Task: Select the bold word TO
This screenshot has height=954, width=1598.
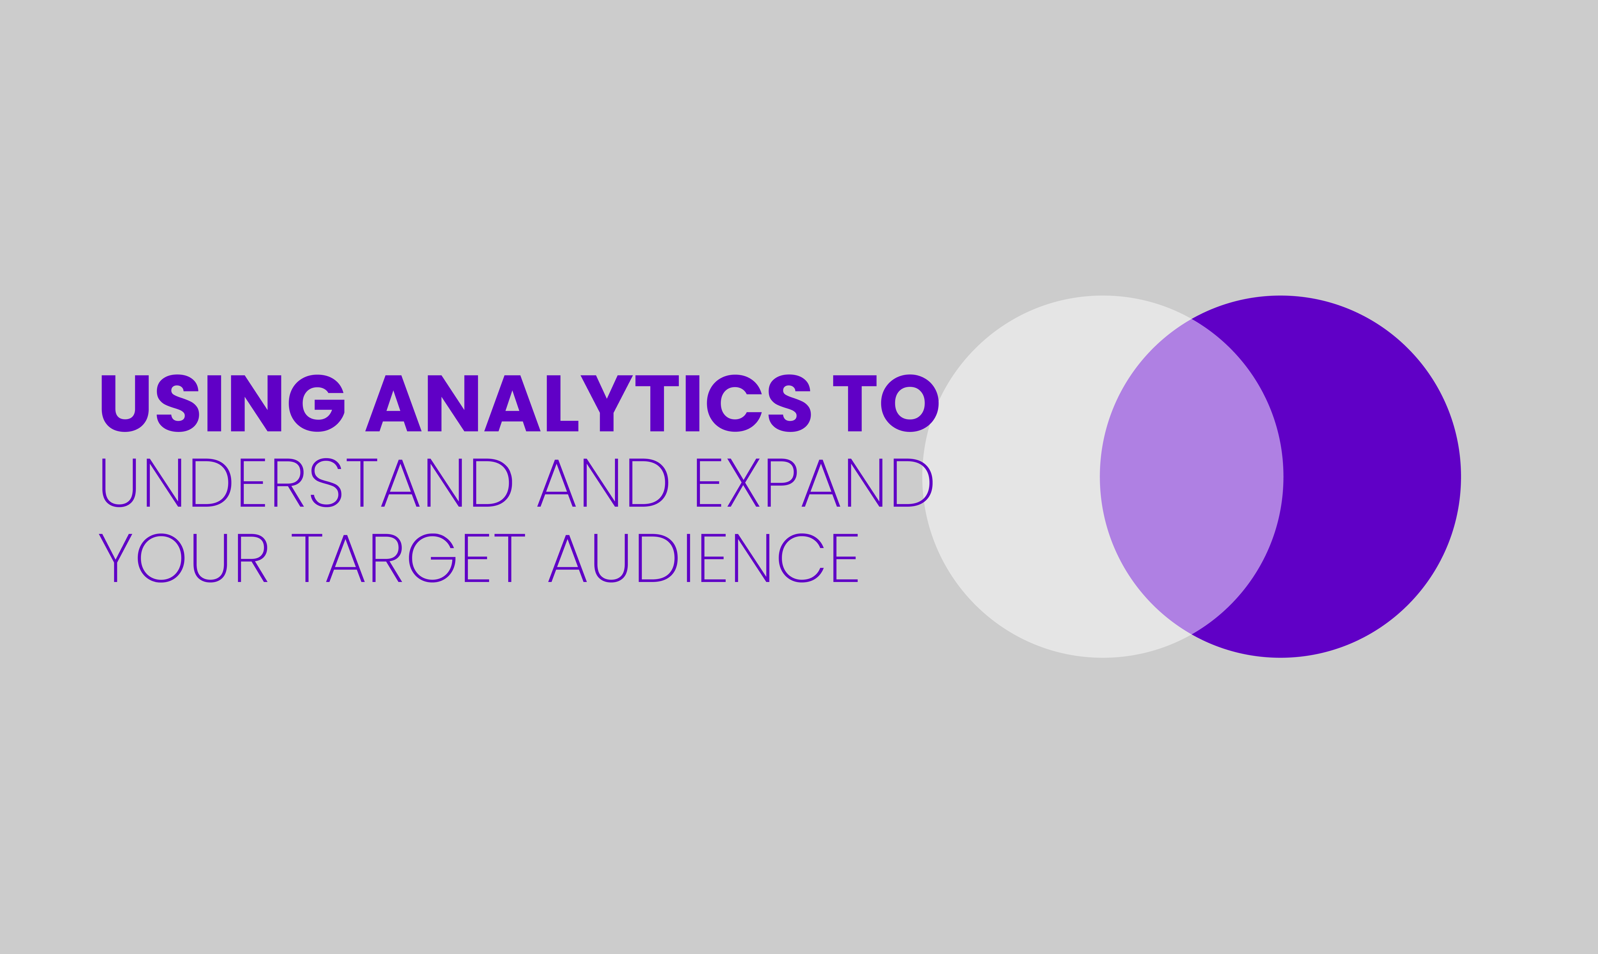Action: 886,403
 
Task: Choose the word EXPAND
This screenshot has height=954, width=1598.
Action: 814,483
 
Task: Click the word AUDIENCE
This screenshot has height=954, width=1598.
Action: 703,558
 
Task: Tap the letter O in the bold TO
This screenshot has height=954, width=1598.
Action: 909,403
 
